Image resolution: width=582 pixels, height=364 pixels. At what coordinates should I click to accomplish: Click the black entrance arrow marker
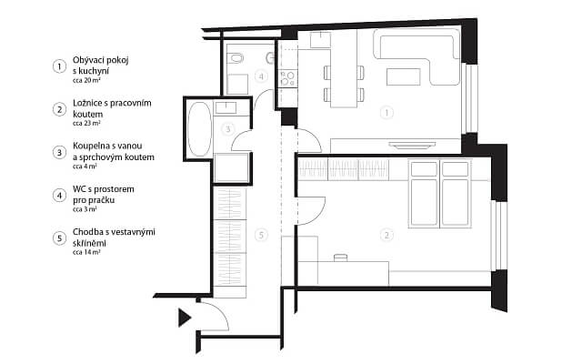pos(184,318)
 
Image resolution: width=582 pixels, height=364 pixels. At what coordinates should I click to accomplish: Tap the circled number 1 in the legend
pos(59,66)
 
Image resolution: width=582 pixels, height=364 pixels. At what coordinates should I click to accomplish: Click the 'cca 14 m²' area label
pos(86,252)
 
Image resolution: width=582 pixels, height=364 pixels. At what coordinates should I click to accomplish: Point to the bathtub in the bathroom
pos(199,129)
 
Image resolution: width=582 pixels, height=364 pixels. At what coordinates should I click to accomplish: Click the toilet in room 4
pos(236,58)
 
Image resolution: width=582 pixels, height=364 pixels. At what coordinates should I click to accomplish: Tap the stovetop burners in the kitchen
pos(287,78)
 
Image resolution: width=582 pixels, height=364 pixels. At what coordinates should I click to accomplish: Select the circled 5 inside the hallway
pos(261,235)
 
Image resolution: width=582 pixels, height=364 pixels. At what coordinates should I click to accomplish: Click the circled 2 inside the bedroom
pos(386,235)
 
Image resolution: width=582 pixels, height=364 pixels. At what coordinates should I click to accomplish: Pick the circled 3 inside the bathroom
pos(228,129)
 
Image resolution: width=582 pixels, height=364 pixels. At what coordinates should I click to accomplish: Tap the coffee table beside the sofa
pos(404,76)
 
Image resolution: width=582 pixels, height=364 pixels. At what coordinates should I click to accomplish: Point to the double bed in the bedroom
pos(440,193)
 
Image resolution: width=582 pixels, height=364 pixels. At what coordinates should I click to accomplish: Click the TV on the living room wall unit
pos(412,145)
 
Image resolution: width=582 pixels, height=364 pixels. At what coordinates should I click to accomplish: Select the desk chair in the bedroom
pos(340,258)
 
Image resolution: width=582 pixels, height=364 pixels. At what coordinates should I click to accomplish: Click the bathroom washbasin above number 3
pos(226,107)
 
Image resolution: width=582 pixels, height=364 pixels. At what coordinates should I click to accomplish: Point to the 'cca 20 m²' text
pos(86,80)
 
